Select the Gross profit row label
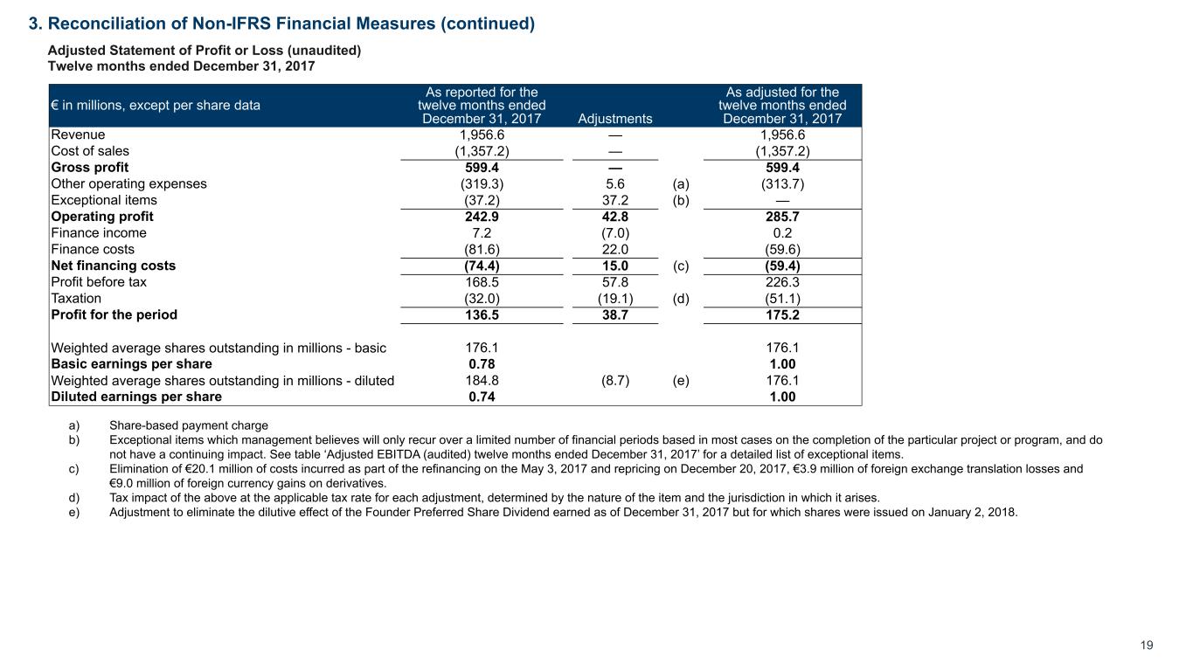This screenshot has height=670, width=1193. (90, 168)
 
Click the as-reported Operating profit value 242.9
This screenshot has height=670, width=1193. (481, 217)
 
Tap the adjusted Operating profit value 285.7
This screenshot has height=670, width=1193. (782, 217)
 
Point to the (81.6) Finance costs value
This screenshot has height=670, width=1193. (481, 250)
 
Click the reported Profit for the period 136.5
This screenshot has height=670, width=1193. (481, 315)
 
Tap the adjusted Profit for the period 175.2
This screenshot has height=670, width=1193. (782, 315)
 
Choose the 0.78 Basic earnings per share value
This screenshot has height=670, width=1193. (481, 364)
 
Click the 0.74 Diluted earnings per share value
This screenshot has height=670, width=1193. (481, 397)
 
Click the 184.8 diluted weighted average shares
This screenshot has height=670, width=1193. (481, 381)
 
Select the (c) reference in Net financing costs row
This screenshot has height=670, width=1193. (681, 266)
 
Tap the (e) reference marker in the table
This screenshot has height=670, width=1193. (681, 381)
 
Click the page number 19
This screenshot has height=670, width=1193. (1147, 646)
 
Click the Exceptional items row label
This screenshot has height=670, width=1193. (104, 201)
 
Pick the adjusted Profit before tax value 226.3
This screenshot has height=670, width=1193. (782, 282)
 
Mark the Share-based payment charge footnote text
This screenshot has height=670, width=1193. (189, 426)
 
